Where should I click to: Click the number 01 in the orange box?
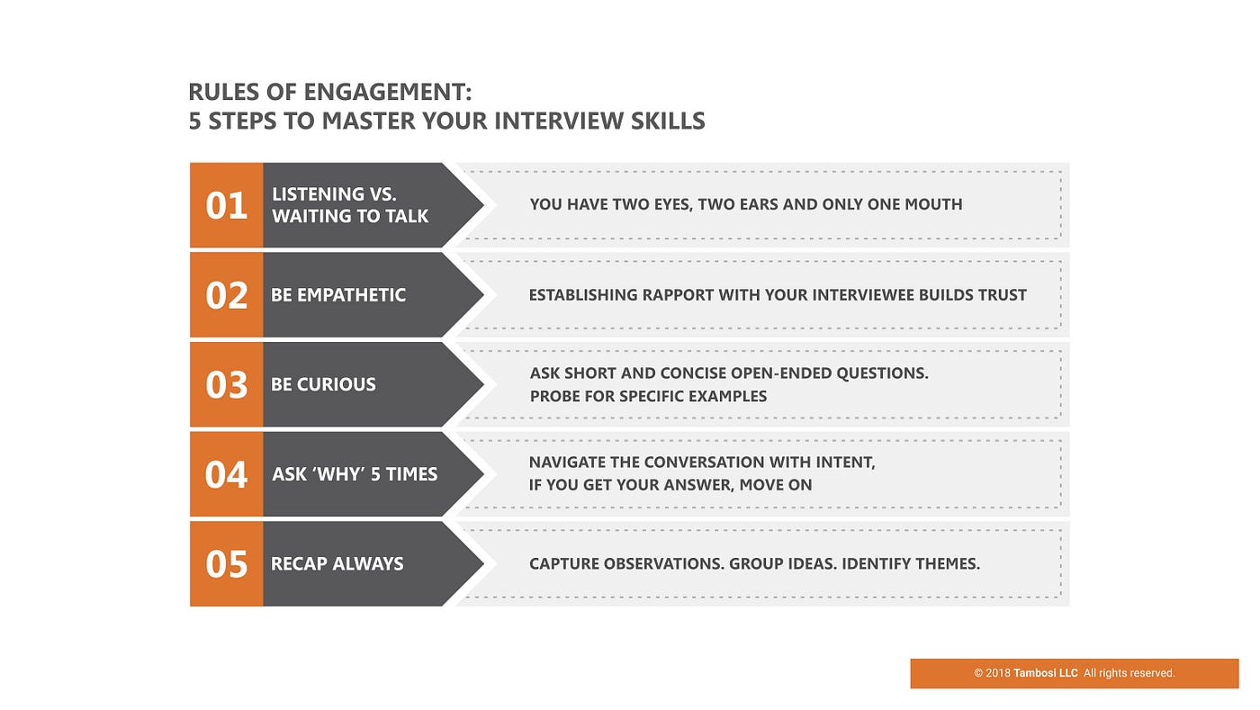tap(226, 205)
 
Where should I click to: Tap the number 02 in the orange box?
tap(226, 295)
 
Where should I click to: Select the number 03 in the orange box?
tap(226, 385)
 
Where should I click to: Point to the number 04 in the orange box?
tap(226, 474)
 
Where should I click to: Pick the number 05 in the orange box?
tap(226, 563)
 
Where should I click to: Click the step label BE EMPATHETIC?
tap(338, 295)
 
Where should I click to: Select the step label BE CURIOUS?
tap(323, 384)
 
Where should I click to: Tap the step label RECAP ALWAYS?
tap(337, 563)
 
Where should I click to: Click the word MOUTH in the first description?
tap(933, 204)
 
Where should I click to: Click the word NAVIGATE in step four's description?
tap(567, 463)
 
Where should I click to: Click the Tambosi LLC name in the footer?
tap(1045, 673)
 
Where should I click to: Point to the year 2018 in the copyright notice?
tap(998, 673)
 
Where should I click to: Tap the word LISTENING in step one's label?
tap(319, 194)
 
